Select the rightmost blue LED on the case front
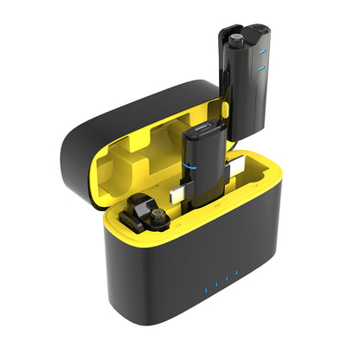coord(235,277)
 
